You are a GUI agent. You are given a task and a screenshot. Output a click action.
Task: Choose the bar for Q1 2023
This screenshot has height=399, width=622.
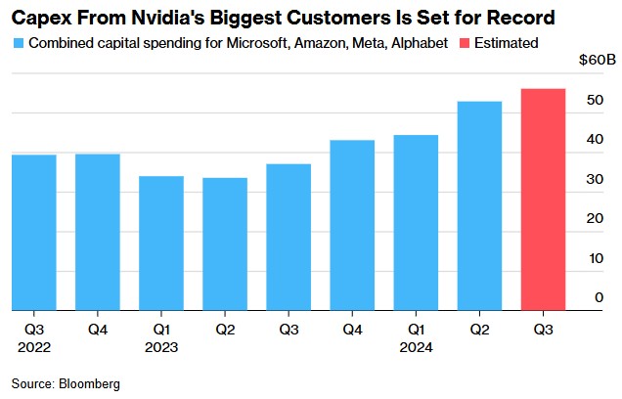pyautogui.click(x=162, y=244)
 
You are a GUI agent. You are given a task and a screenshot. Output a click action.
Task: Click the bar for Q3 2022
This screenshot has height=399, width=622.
pyautogui.click(x=34, y=233)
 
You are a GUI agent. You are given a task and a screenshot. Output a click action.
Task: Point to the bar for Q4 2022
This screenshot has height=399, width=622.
pyautogui.click(x=99, y=232)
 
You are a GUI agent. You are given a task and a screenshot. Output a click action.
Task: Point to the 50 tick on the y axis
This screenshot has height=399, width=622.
pyautogui.click(x=594, y=101)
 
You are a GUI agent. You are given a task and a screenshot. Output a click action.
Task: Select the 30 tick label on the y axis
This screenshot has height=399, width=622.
pyautogui.click(x=594, y=180)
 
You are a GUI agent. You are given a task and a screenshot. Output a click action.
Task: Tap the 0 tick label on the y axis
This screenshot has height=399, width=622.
pyautogui.click(x=599, y=298)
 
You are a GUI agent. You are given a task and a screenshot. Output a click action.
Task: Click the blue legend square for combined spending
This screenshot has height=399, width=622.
pyautogui.click(x=20, y=44)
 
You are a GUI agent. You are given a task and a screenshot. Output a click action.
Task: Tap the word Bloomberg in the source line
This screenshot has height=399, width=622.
pyautogui.click(x=90, y=384)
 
